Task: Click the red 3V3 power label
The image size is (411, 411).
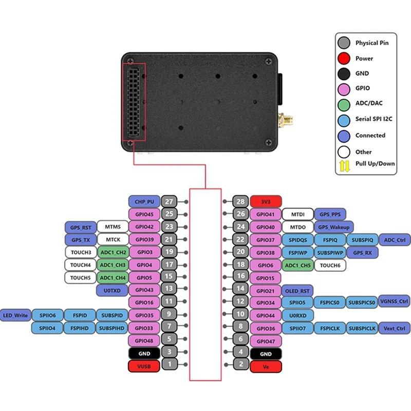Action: [266, 201]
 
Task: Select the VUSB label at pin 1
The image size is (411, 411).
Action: [144, 366]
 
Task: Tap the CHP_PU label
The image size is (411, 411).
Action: [144, 201]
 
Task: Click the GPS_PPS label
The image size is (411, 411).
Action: [330, 214]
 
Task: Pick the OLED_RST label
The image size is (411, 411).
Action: [297, 290]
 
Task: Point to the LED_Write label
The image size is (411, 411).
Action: [15, 315]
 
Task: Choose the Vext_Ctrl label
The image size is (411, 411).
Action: [394, 328]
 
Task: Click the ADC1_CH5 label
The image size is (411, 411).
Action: [297, 265]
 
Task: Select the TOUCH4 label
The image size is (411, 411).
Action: [81, 265]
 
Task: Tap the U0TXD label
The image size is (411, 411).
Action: [112, 290]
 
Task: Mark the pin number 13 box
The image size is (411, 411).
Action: [169, 290]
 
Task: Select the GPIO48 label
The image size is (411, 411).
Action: [144, 341]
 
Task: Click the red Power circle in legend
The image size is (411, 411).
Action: [344, 58]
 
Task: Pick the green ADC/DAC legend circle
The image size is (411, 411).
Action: [344, 103]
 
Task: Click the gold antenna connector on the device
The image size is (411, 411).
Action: [284, 121]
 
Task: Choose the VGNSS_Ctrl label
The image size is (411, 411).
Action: [394, 301]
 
